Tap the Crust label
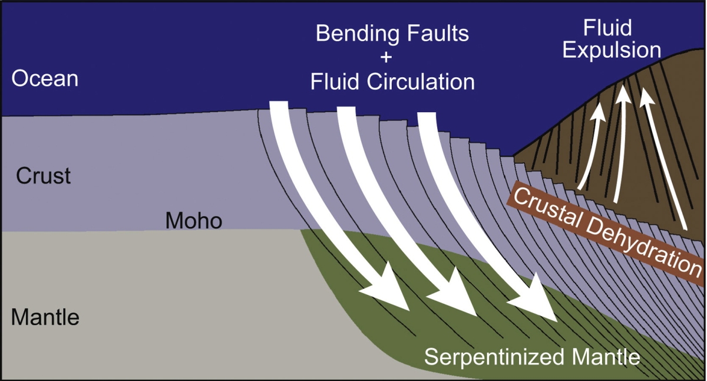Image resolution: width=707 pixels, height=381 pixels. pyautogui.click(x=43, y=176)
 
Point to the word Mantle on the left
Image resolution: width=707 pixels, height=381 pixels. pyautogui.click(x=45, y=318)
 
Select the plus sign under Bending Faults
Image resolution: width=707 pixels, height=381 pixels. pyautogui.click(x=392, y=58)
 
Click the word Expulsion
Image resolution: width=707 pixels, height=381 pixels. pyautogui.click(x=612, y=50)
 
